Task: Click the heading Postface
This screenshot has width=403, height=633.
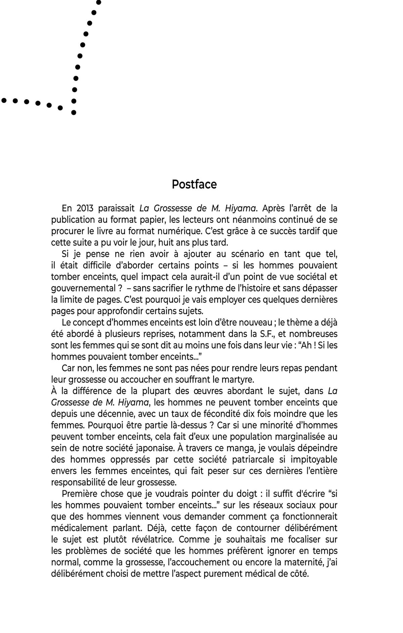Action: coord(194,184)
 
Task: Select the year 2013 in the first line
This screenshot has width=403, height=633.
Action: coord(85,208)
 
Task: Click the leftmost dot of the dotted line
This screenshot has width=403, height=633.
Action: coord(4,100)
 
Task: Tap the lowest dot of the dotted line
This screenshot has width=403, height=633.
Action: coord(74,112)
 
